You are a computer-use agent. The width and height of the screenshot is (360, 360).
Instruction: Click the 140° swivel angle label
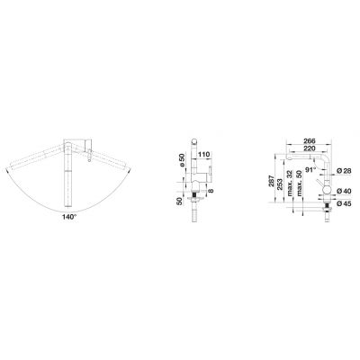(x=69, y=217)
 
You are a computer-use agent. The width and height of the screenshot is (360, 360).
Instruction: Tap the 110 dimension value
(x=203, y=155)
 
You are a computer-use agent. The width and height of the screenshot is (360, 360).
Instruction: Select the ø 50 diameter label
(x=181, y=160)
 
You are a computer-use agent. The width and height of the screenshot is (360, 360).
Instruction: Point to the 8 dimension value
(x=211, y=191)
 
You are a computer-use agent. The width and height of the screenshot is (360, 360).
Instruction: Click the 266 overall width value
(x=310, y=140)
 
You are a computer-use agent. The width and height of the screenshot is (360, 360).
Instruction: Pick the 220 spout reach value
(x=310, y=148)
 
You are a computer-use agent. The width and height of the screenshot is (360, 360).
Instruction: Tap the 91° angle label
(x=311, y=169)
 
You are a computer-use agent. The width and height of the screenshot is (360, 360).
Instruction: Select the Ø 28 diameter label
(x=344, y=171)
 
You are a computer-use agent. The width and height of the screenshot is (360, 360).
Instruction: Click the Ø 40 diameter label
(x=344, y=191)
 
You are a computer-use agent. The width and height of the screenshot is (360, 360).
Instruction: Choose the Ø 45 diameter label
(x=344, y=203)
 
